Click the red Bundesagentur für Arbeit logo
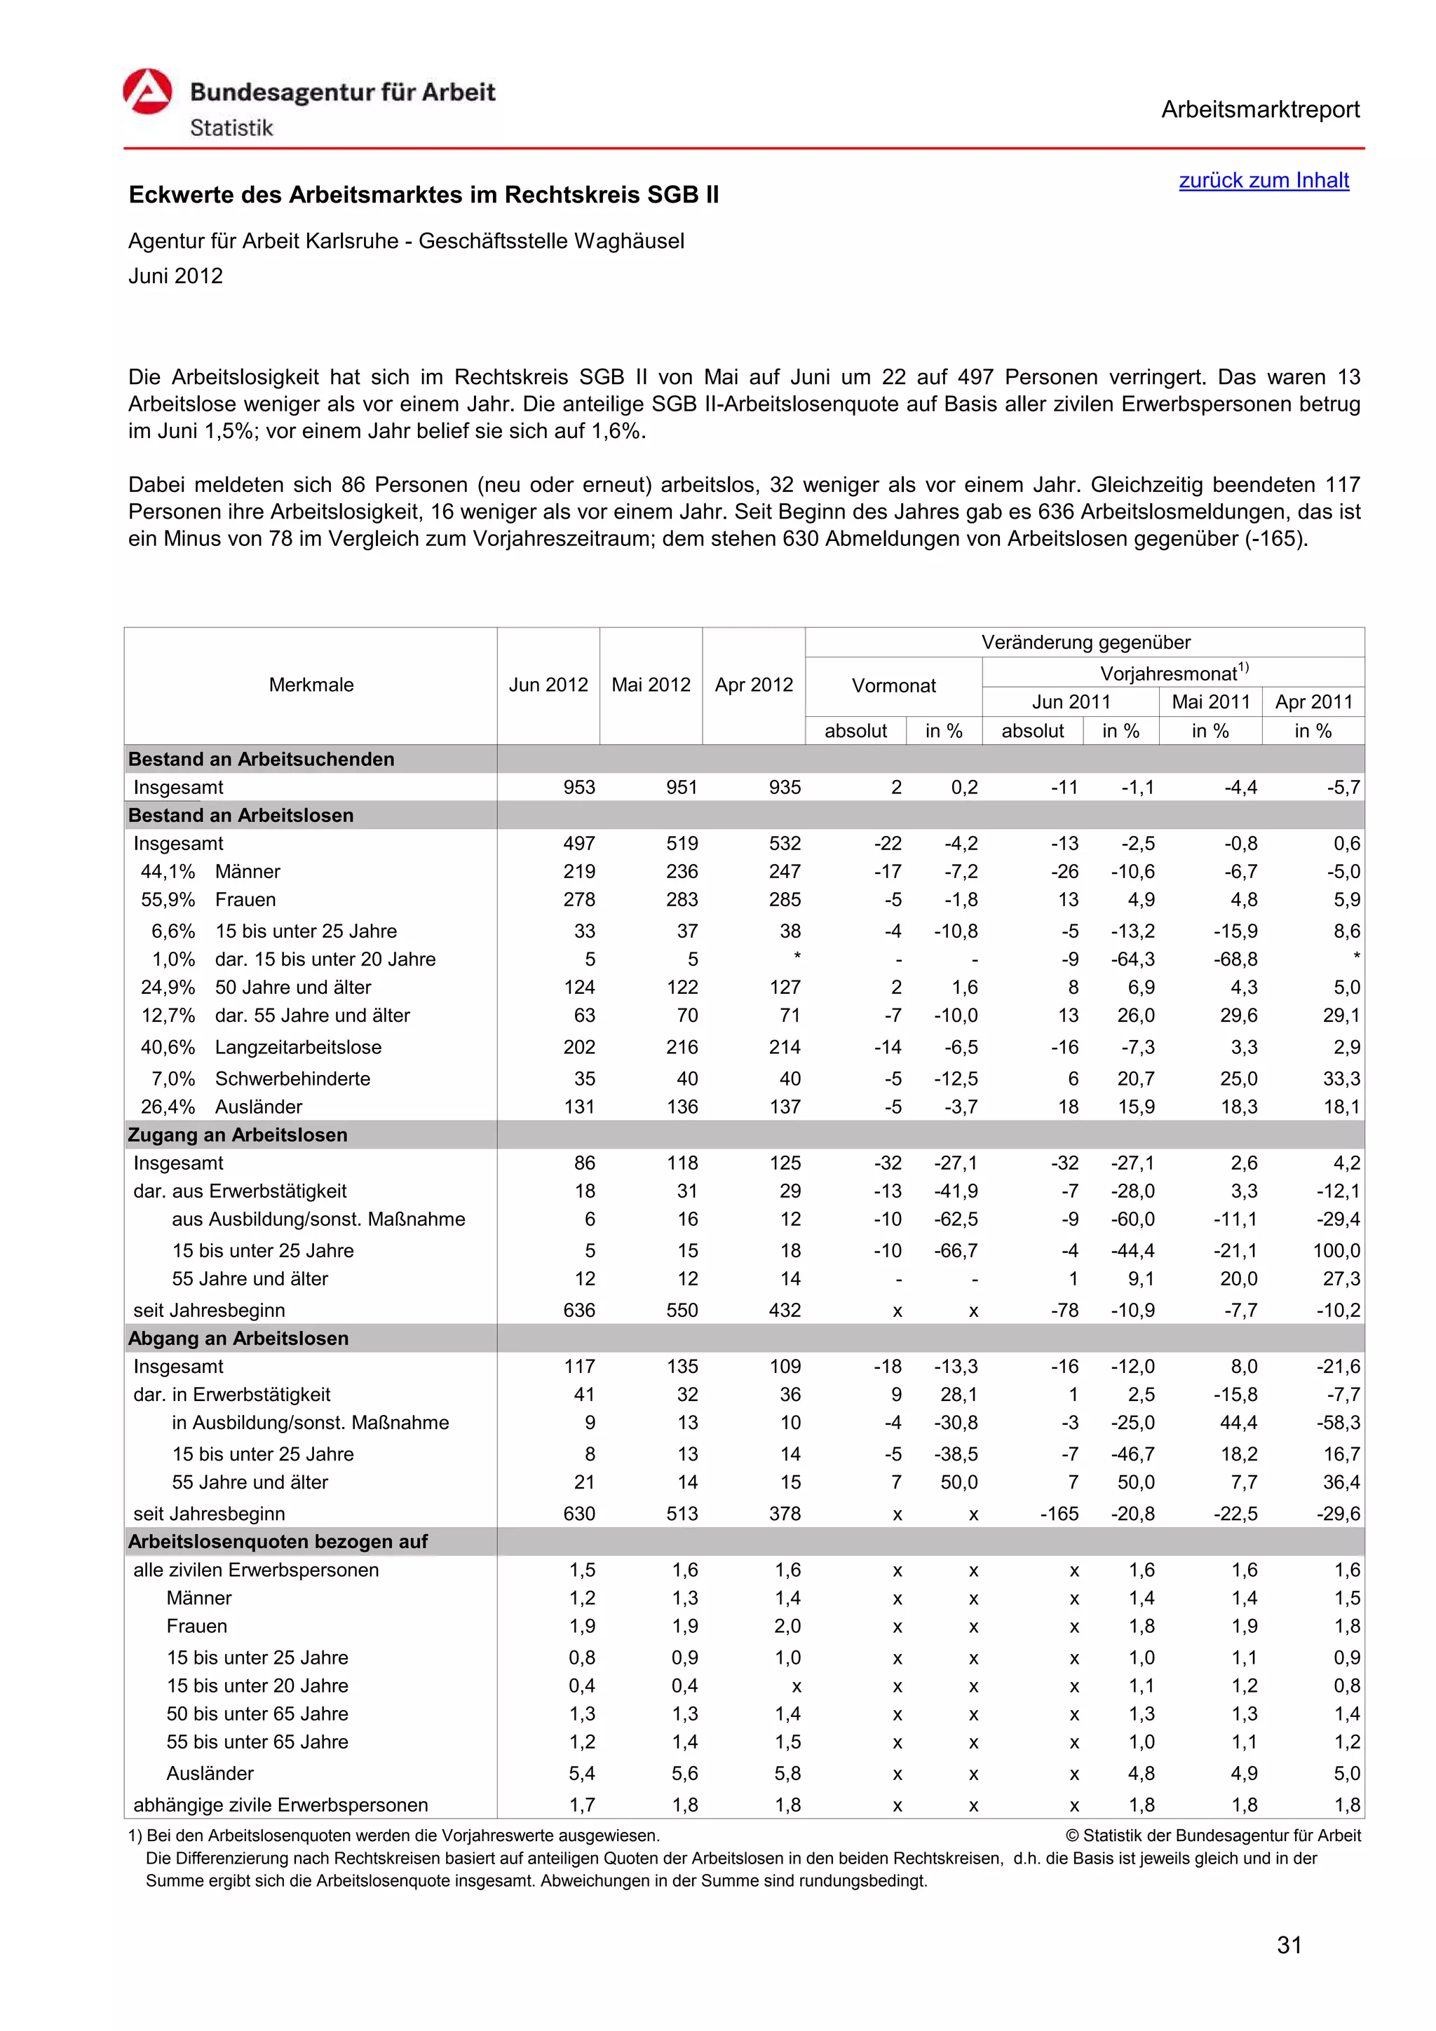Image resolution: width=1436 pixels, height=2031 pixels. pyautogui.click(x=148, y=92)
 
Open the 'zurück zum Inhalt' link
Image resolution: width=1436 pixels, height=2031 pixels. pyautogui.click(x=1263, y=180)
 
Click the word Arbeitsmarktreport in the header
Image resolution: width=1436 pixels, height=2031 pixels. pyautogui.click(x=1260, y=110)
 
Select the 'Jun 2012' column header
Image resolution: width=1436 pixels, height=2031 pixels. pyautogui.click(x=548, y=685)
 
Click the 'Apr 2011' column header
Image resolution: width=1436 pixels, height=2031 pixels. pyautogui.click(x=1313, y=702)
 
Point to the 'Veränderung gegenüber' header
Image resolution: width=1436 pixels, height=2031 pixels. pyautogui.click(x=1085, y=642)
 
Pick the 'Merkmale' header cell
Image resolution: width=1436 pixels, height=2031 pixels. pyautogui.click(x=311, y=685)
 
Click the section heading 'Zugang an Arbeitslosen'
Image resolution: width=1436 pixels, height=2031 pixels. pyautogui.click(x=238, y=1135)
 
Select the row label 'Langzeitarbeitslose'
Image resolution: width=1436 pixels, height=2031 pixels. pyautogui.click(x=298, y=1047)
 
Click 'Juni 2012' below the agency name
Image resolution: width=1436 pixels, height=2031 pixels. pyautogui.click(x=175, y=276)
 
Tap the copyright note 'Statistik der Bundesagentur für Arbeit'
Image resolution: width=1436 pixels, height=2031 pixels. pyautogui.click(x=1221, y=1835)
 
